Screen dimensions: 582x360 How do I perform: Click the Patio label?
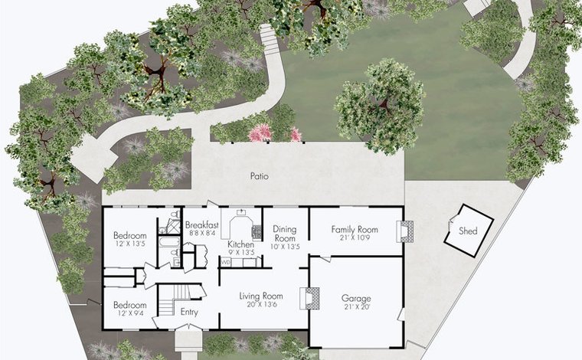pos(259,176)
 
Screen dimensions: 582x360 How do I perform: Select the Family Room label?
pos(355,229)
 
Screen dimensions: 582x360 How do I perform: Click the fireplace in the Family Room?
pos(404,231)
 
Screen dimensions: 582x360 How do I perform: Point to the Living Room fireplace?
pos(309,298)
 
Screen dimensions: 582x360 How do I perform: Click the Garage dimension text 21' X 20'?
pos(356,307)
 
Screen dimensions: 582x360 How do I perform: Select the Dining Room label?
pos(285,233)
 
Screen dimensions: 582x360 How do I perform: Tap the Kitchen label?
pos(241,244)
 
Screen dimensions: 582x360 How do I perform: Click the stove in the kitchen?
pos(256,231)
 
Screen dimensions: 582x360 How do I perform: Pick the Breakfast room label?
pos(202,225)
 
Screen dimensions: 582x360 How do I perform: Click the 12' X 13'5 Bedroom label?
pos(130,235)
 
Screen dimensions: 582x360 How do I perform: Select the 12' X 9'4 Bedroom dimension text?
pos(130,313)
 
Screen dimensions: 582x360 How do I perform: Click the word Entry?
pos(189,312)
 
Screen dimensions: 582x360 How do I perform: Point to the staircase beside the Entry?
pos(175,299)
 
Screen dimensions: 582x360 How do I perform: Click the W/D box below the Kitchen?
pos(225,263)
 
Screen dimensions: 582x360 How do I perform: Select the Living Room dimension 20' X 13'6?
pos(261,304)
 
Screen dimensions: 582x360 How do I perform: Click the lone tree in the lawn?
pos(381,106)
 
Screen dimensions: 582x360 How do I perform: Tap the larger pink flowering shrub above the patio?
pos(260,133)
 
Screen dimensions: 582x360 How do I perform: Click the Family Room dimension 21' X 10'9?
pos(355,237)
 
